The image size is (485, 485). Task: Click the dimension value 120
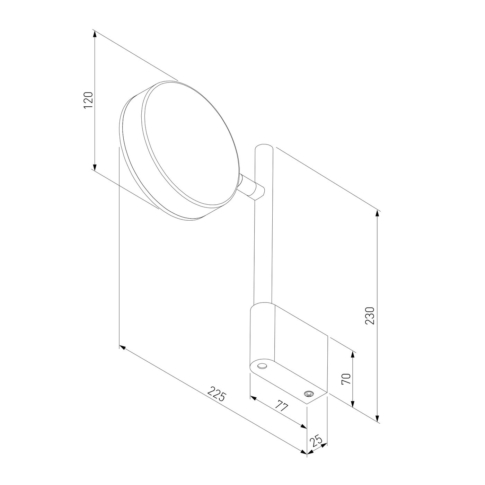tap(88, 100)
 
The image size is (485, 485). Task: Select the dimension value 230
tap(370, 316)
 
